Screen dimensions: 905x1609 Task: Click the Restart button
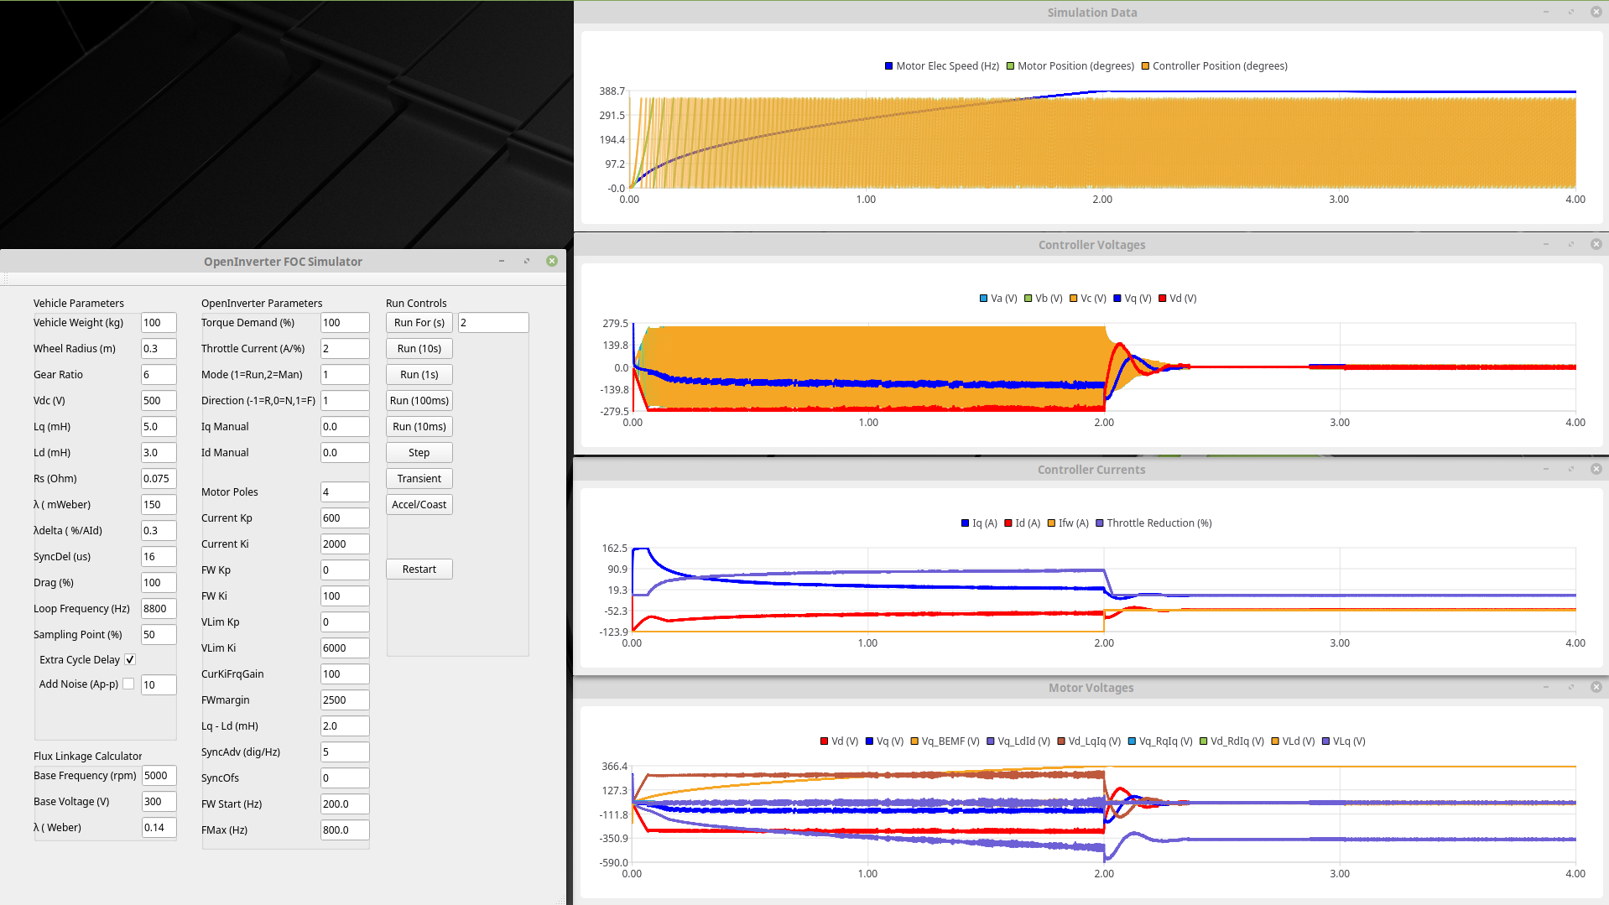419,570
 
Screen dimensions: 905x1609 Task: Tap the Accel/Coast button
419,505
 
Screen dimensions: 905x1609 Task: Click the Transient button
419,479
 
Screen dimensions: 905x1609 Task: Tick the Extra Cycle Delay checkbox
130,660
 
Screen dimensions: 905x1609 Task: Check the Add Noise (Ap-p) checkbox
128,684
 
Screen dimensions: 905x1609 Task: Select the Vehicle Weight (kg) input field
158,323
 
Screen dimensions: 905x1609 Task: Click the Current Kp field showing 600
344,518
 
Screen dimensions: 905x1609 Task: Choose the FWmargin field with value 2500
344,700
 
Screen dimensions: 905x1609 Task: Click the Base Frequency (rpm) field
158,776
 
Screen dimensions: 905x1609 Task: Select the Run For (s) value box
492,323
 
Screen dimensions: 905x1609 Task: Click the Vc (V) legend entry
1087,299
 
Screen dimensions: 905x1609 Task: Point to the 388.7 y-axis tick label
612,91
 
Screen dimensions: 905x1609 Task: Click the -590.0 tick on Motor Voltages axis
614,863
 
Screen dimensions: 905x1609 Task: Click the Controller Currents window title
1091,470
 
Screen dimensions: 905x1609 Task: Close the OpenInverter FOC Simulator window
552,262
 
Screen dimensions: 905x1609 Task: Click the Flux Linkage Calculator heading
87,757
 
